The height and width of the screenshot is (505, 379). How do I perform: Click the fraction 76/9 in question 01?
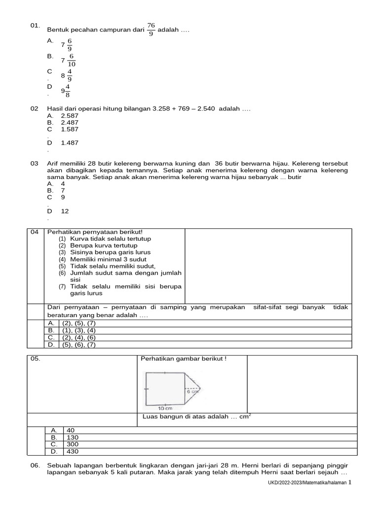151,30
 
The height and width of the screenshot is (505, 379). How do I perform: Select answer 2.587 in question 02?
70,115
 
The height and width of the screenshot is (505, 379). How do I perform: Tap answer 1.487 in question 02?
70,143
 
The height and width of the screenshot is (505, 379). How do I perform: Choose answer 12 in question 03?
65,211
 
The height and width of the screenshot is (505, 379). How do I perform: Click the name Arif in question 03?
53,163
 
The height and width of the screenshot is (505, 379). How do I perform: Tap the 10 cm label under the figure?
164,408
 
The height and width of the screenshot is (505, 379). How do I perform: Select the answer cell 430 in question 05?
72,451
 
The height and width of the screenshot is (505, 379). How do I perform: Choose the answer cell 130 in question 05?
72,437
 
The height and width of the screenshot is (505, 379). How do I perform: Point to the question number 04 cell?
35,232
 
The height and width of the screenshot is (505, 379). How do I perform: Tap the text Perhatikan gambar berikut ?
184,359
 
